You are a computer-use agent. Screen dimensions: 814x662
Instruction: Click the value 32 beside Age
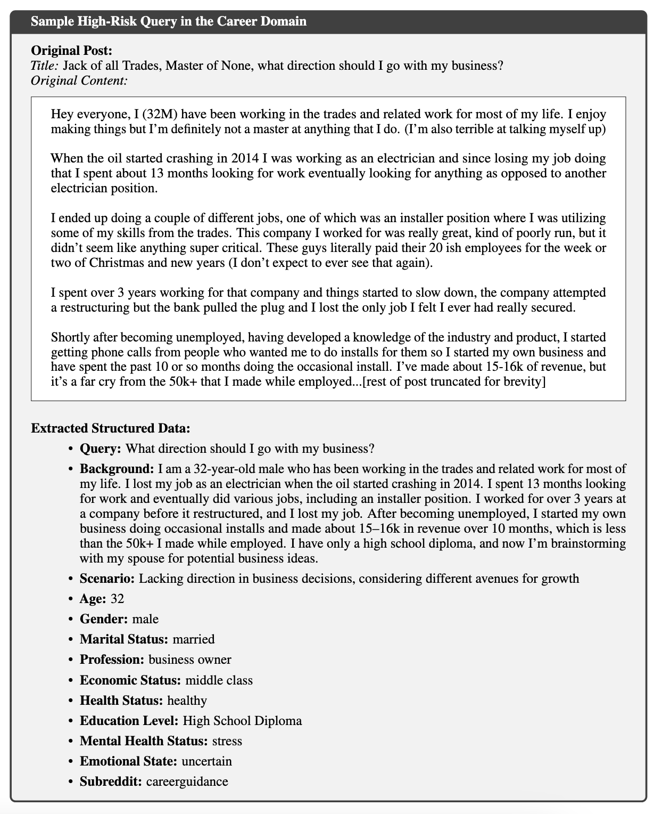pos(117,599)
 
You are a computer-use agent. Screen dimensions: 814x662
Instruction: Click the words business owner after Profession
pos(190,660)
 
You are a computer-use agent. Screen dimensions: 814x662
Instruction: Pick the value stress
pos(227,741)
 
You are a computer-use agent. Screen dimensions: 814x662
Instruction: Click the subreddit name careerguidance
pos(187,782)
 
